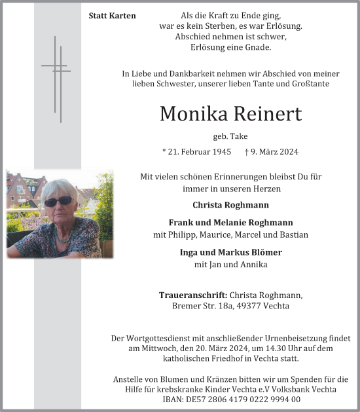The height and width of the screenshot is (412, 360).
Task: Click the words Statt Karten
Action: tap(112, 15)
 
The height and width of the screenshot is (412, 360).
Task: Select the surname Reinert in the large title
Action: tap(268, 114)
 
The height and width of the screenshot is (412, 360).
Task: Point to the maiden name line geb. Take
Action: tap(230, 136)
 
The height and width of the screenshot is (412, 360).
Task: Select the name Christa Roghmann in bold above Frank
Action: tap(230, 204)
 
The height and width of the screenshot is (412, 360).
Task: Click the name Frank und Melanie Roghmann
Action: tap(230, 222)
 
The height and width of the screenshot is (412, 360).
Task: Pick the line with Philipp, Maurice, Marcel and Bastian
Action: tap(230, 234)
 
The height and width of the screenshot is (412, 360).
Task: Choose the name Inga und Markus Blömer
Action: tap(230, 252)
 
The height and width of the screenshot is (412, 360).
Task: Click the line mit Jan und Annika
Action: tap(230, 265)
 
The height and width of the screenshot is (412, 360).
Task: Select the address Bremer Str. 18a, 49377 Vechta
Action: tap(230, 307)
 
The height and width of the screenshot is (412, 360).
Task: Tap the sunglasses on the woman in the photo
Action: tap(58, 202)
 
